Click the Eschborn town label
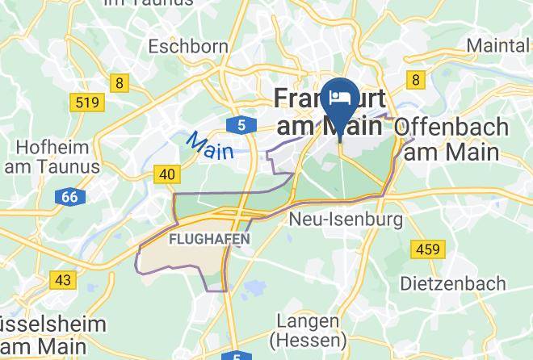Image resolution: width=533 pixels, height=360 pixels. click(188, 46)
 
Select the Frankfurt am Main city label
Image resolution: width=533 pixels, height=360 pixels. click(329, 112)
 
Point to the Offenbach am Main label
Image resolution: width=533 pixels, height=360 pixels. click(451, 139)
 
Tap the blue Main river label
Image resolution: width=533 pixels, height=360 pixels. click(210, 145)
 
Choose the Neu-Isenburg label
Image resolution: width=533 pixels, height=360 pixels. click(346, 219)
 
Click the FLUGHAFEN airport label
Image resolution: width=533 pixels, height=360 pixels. click(209, 240)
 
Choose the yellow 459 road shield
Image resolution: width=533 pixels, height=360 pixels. click(426, 249)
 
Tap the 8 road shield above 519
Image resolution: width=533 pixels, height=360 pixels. click(120, 82)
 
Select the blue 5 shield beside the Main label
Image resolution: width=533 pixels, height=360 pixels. click(241, 124)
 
